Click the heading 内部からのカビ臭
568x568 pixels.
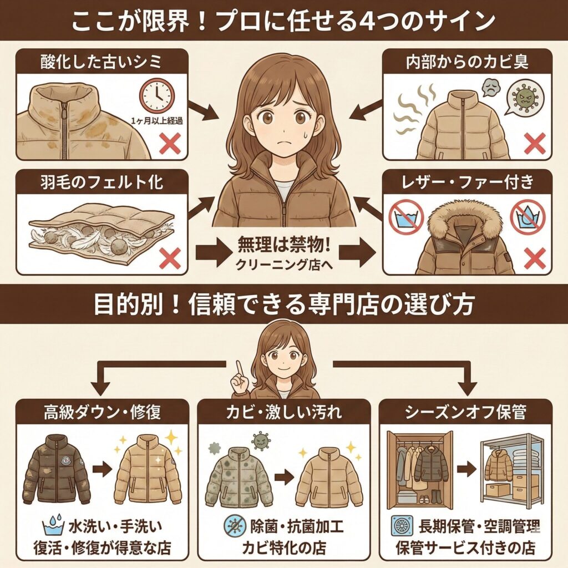pos(465,60)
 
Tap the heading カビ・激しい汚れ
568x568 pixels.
pos(283,413)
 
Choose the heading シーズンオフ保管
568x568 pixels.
pos(465,413)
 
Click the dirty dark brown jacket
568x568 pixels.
pos(57,469)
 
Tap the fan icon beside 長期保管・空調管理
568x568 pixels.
pos(404,525)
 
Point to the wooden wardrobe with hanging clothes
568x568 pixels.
pos(418,468)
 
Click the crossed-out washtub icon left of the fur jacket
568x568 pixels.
pos(407,216)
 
